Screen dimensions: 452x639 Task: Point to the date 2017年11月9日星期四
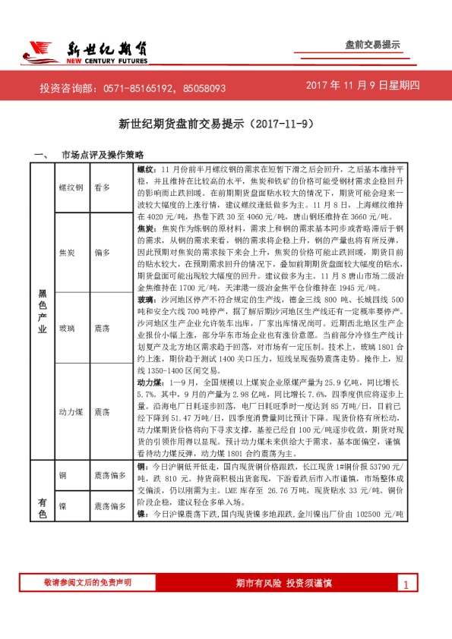click(x=362, y=86)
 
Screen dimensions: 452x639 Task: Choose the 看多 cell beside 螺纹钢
click(x=102, y=186)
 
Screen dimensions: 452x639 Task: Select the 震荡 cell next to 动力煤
click(x=102, y=411)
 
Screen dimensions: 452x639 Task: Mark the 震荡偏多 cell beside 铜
click(x=109, y=474)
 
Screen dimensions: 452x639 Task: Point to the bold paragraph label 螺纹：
click(x=146, y=168)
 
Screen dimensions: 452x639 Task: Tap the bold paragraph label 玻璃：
click(x=146, y=300)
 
